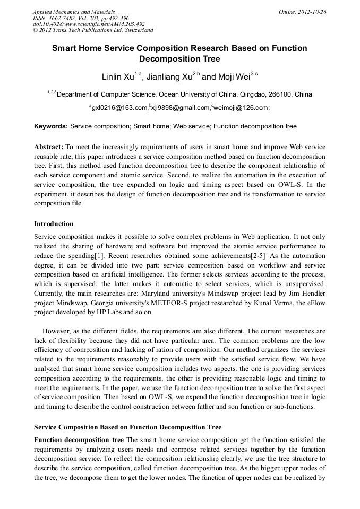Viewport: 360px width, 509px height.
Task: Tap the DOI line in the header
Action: pyautogui.click(x=88, y=24)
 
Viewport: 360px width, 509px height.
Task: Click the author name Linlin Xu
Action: pyautogui.click(x=118, y=77)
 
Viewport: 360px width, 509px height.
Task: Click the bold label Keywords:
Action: pyautogui.click(x=51, y=127)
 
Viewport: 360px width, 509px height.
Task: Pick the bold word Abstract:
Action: pyautogui.click(x=49, y=146)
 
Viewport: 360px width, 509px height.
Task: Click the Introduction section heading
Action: pyautogui.click(x=54, y=224)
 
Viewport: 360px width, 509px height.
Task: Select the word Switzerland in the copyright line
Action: pyautogui.click(x=136, y=30)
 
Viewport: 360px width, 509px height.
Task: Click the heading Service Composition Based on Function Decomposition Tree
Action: pyautogui.click(x=127, y=427)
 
